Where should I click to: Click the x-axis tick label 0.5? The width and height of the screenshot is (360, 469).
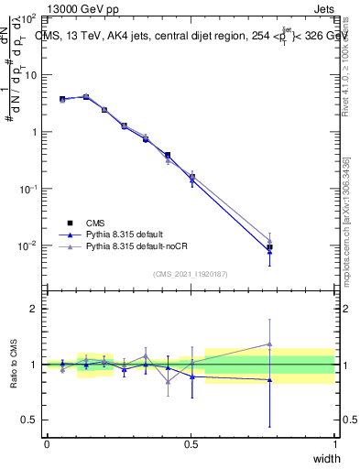pos(191,444)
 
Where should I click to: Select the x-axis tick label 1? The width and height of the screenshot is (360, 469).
pos(335,444)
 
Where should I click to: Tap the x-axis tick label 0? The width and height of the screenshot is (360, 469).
pos(47,444)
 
